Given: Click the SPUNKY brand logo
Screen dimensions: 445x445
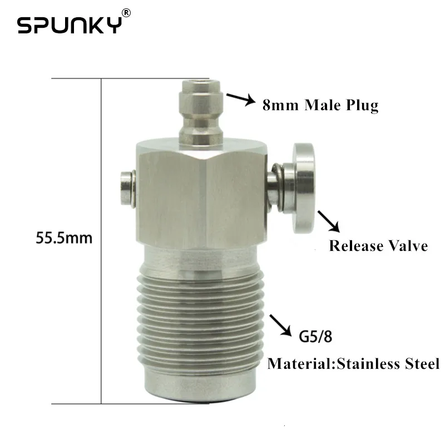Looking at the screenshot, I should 69,25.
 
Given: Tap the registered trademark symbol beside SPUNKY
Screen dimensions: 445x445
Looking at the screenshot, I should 127,13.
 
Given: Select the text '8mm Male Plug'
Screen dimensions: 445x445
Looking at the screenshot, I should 320,105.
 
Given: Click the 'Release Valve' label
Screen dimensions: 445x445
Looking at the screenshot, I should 378,245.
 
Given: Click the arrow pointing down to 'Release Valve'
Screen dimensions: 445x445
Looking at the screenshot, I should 329,222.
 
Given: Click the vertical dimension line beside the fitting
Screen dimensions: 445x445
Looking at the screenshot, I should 101,239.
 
